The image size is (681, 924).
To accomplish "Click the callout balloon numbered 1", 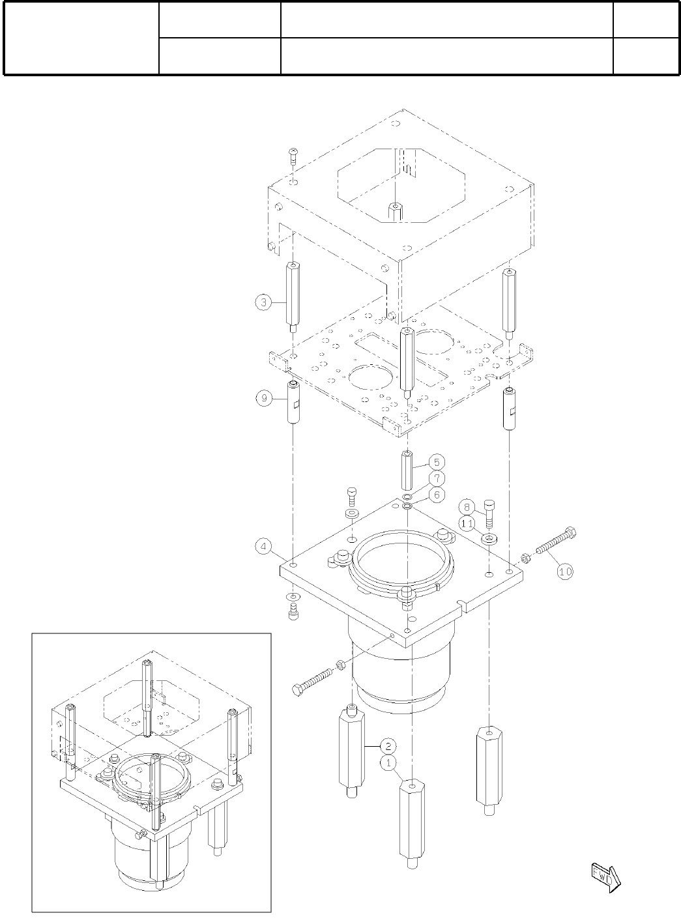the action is point(388,763).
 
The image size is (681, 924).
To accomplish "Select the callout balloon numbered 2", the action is point(388,746).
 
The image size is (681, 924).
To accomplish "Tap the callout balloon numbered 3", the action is point(263,302).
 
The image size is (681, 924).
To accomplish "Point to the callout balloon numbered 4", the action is point(263,547).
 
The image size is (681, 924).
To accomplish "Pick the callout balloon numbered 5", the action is point(437,462).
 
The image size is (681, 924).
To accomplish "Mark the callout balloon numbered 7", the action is point(437,478).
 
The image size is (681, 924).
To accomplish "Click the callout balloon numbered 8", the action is point(467,508).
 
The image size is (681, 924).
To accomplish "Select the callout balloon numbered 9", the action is point(263,398).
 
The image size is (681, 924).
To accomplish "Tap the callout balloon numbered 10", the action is point(566,571).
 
